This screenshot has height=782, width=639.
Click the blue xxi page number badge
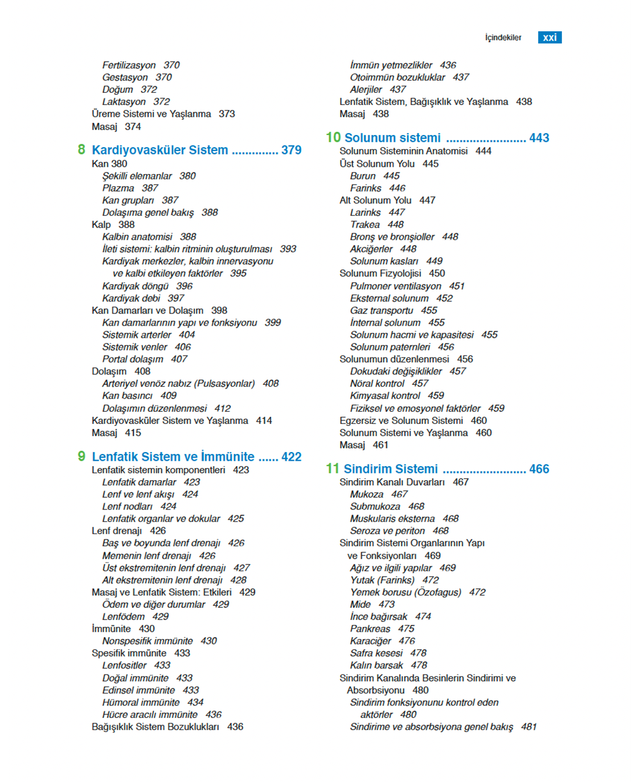coord(549,37)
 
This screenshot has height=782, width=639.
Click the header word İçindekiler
coord(503,38)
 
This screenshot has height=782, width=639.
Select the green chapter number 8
coord(81,150)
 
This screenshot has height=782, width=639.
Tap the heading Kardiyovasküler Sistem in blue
coord(159,150)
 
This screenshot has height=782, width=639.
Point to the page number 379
coord(291,150)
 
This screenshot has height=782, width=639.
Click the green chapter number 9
coord(81,456)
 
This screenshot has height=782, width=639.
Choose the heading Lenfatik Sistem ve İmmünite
coord(173,457)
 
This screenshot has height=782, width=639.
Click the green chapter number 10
coord(333,137)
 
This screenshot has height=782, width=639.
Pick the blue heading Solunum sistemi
coord(392,138)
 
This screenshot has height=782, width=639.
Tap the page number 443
coord(539,138)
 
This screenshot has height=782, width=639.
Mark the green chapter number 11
coord(332,469)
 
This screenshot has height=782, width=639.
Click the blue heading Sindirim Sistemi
coord(390,469)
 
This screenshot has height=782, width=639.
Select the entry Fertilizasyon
coord(129,65)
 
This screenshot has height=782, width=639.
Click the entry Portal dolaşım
coord(133,359)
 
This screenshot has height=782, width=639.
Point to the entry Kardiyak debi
coord(131,298)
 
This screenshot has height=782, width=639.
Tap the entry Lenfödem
coord(123,616)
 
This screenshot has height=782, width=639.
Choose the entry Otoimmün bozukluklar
coord(397,77)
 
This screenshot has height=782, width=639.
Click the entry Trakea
coord(365,224)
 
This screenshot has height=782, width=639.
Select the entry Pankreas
coord(370,629)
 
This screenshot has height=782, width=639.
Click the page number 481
coord(529,726)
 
